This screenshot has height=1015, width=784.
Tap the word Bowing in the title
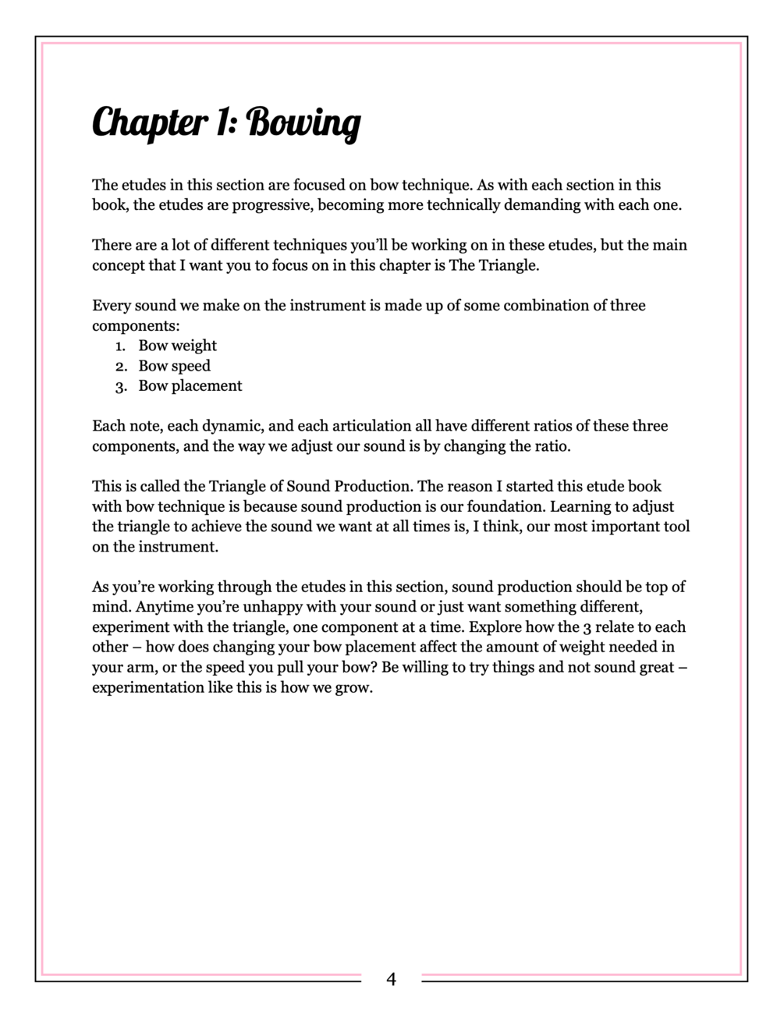(304, 123)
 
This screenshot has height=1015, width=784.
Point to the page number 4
(391, 978)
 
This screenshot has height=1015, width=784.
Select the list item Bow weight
(177, 346)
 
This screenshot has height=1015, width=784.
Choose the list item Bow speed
(174, 366)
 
